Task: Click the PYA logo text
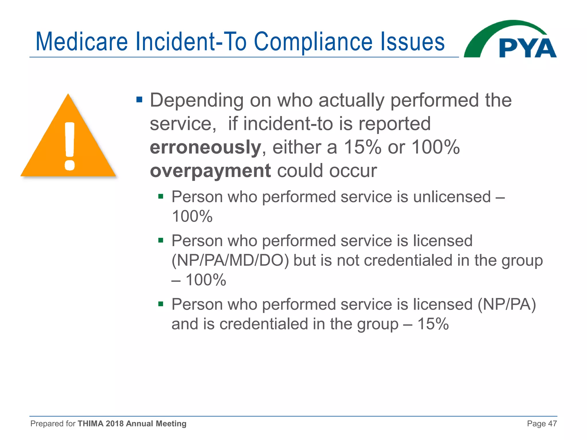[x=527, y=48]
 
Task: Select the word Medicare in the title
[x=81, y=42]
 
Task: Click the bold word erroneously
[x=205, y=147]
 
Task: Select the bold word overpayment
[x=210, y=171]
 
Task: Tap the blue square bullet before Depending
[x=139, y=100]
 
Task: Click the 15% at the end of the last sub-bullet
[x=433, y=324]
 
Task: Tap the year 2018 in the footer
[x=115, y=423]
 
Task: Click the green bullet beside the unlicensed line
[x=161, y=197]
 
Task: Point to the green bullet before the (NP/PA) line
[x=161, y=304]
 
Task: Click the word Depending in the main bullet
[x=197, y=100]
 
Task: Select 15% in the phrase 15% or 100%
[x=362, y=147]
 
